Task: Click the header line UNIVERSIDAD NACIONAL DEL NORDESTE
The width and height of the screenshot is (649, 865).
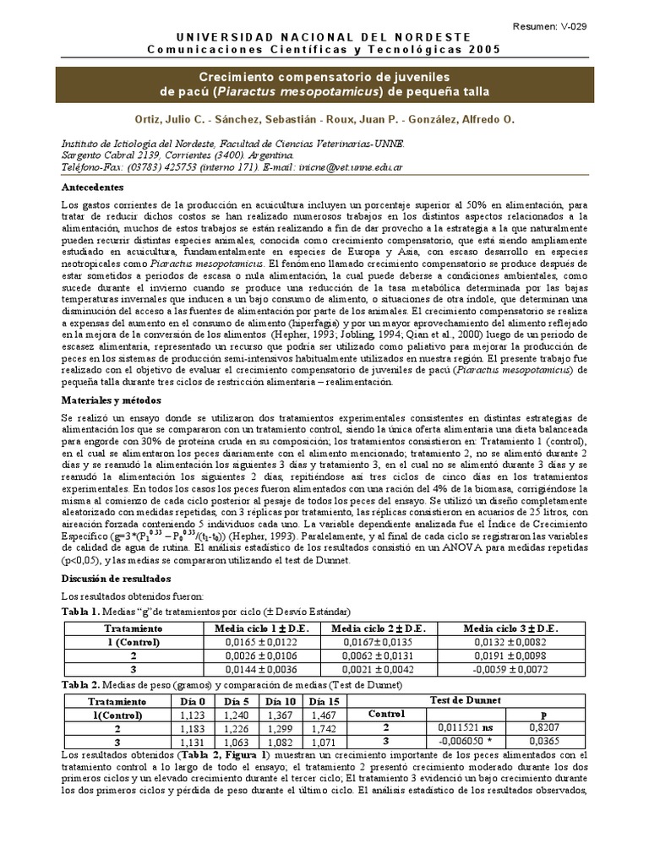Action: click(x=324, y=38)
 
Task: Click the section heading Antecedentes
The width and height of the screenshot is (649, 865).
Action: click(x=93, y=187)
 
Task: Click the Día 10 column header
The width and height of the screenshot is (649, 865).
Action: click(x=280, y=700)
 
